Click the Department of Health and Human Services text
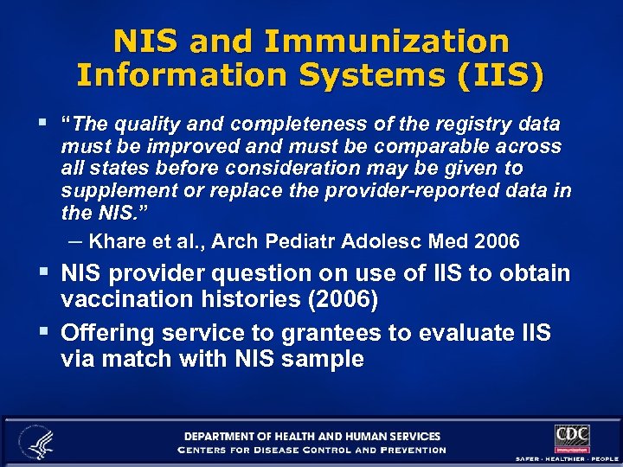click(311, 437)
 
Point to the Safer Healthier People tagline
click(567, 457)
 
